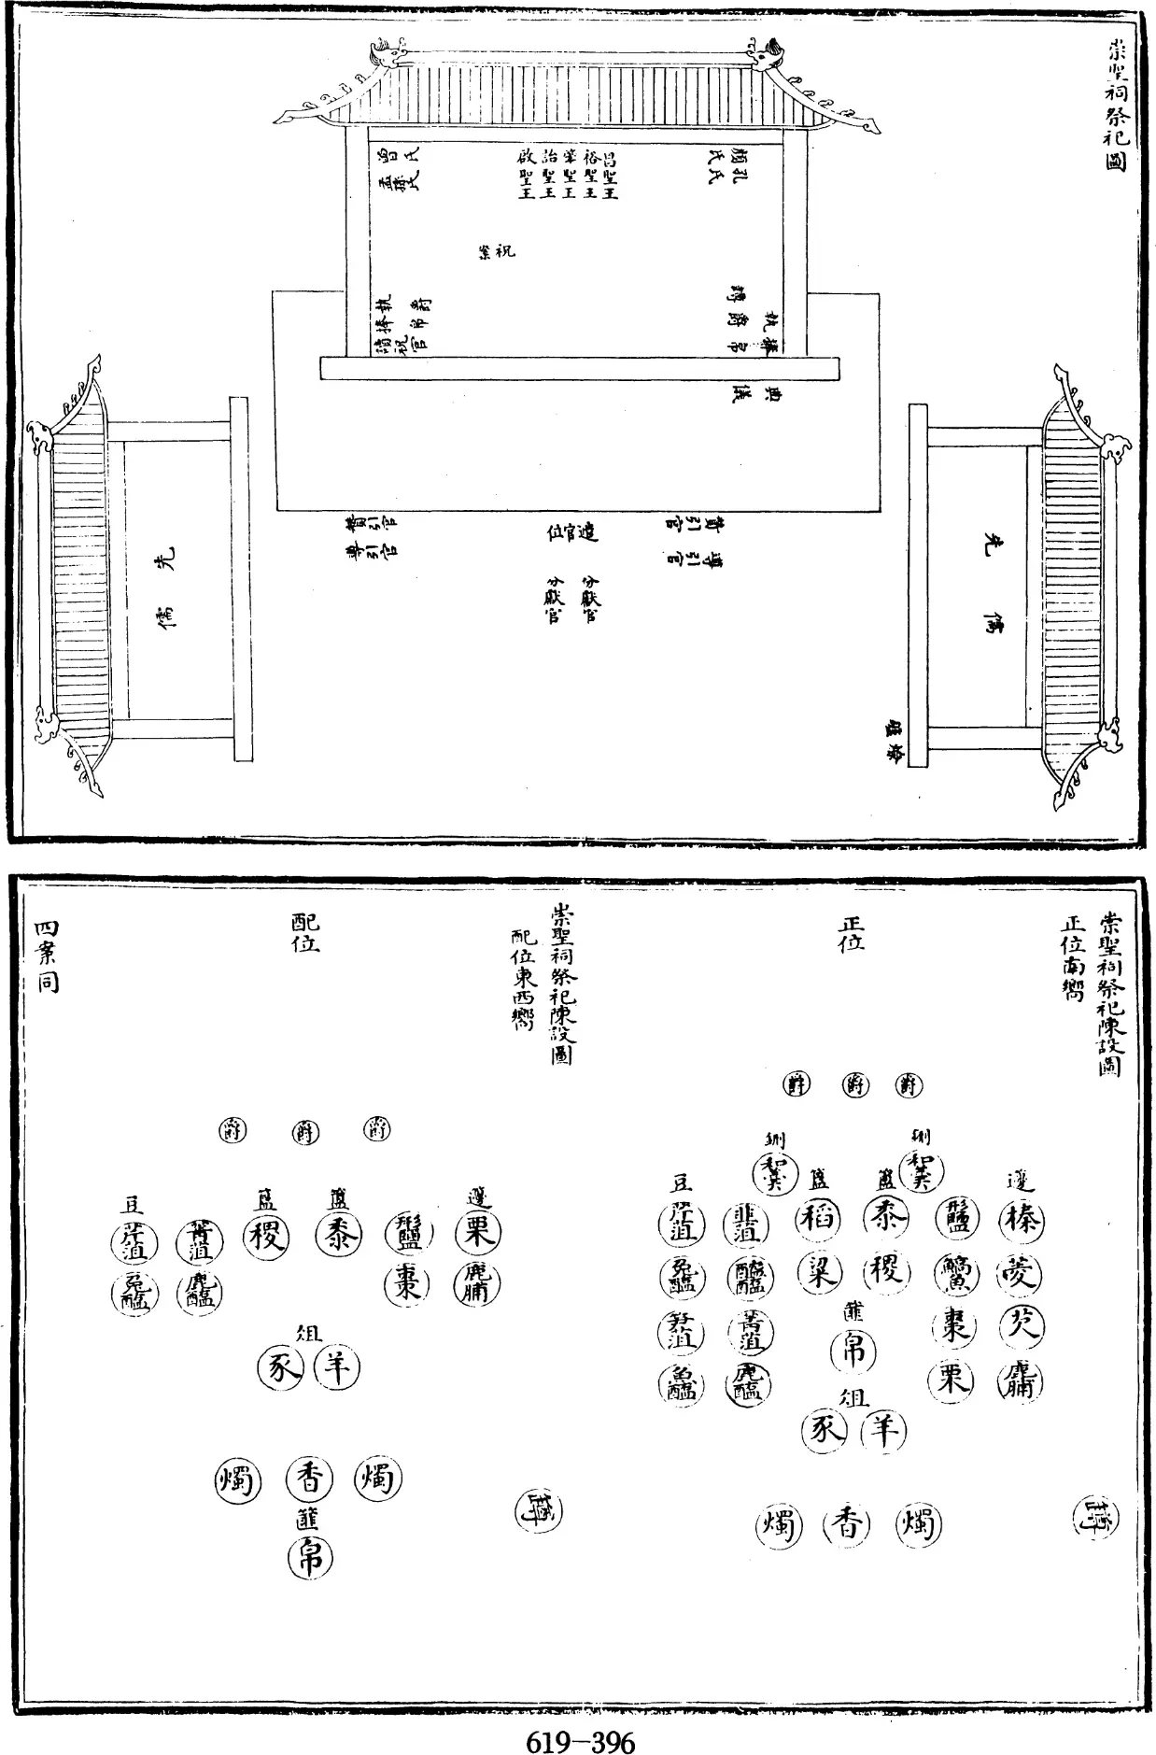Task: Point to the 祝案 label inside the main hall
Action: pyautogui.click(x=496, y=251)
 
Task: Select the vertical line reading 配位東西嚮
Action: pyautogui.click(x=521, y=980)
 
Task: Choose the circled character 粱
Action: pyautogui.click(x=820, y=1273)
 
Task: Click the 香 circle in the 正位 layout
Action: pyautogui.click(x=846, y=1525)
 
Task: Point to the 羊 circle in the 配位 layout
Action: pyautogui.click(x=336, y=1368)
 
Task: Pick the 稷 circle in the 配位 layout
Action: pyautogui.click(x=266, y=1238)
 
